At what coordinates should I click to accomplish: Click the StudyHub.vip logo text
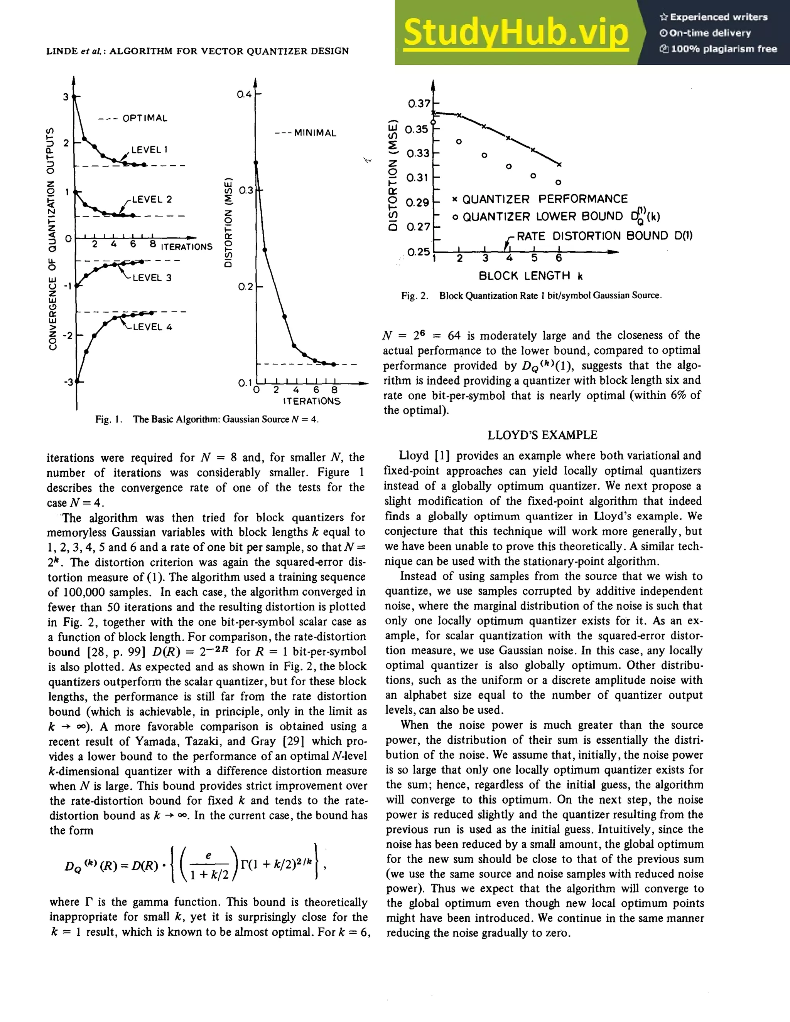pos(515,33)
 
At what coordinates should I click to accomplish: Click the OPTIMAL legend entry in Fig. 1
pos(133,118)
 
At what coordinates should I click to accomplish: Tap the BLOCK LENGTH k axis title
pos(530,276)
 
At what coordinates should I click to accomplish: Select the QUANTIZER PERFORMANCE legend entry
pos(540,199)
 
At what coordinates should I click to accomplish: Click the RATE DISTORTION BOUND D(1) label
pos(604,236)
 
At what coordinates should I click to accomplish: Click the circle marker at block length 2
pos(459,141)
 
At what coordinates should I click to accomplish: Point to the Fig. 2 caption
pos(531,296)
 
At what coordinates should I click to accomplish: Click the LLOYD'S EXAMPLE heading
pos(542,435)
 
